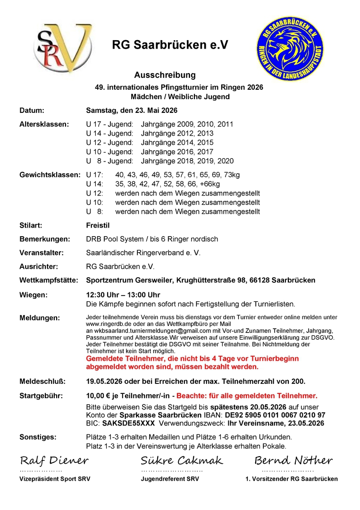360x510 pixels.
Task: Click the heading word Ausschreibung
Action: click(x=165, y=75)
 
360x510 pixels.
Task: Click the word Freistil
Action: click(x=98, y=226)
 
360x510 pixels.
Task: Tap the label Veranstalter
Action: click(x=42, y=253)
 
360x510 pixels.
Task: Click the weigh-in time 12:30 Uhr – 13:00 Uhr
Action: click(x=123, y=295)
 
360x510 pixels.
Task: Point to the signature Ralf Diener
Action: click(x=54, y=460)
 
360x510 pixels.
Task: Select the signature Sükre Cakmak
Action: click(x=182, y=460)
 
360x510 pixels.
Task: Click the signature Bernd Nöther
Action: click(x=293, y=460)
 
